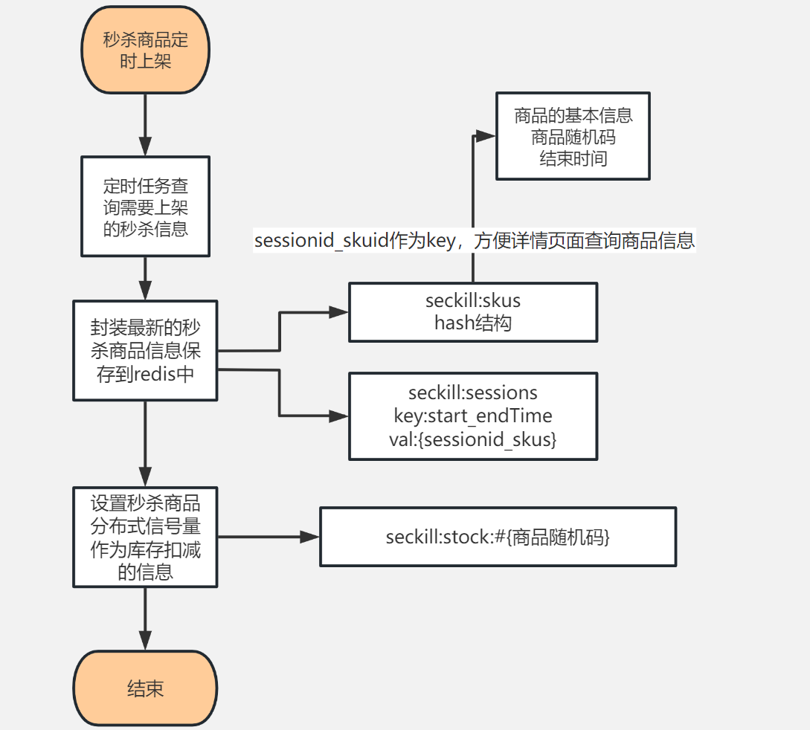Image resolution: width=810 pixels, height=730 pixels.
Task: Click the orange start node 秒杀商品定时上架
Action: click(145, 50)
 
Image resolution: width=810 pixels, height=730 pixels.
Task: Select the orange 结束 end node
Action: click(145, 688)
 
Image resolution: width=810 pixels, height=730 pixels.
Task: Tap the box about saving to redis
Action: click(145, 350)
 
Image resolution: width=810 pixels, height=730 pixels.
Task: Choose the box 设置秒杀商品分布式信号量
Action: click(145, 537)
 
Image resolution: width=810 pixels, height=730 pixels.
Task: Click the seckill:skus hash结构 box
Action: click(473, 312)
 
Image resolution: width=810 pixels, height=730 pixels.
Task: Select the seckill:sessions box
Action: click(473, 416)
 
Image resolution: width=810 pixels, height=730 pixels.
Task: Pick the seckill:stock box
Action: click(498, 537)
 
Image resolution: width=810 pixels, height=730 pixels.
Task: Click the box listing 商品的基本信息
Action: click(573, 136)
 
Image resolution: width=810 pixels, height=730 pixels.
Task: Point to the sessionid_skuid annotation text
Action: click(474, 241)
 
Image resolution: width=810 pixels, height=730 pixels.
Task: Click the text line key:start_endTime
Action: click(473, 416)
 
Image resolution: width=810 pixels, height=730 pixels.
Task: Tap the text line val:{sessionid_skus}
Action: click(473, 439)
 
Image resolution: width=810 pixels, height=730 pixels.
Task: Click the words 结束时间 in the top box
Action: click(573, 158)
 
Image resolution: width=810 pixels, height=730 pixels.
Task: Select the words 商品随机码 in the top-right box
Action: click(573, 137)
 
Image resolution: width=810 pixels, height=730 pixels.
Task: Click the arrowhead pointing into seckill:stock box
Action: click(310, 537)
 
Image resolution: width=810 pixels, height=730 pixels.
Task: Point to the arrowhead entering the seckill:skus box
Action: click(340, 312)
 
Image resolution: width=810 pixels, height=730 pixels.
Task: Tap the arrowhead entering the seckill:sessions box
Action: click(340, 416)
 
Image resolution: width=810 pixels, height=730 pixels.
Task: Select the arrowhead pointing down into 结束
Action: click(145, 641)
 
